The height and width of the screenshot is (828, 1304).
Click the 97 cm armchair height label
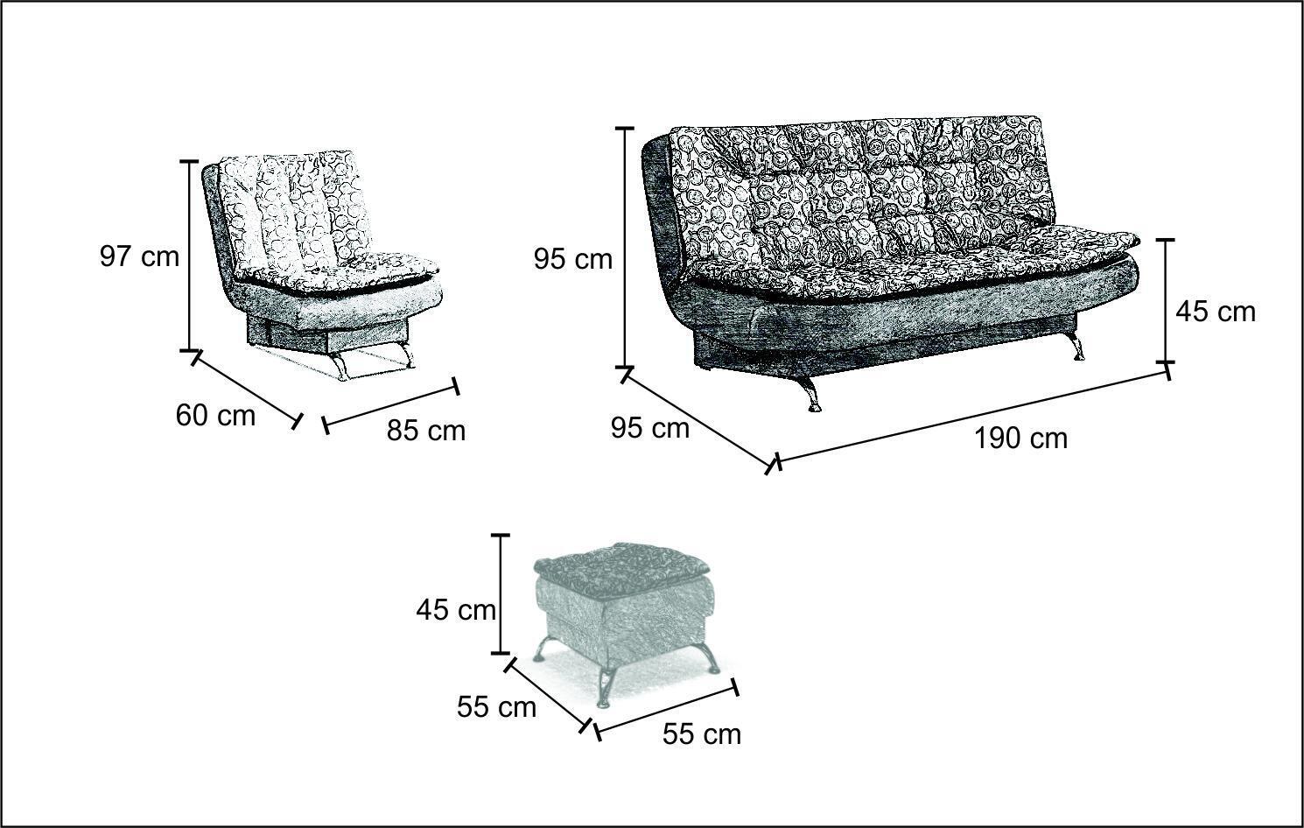[139, 256]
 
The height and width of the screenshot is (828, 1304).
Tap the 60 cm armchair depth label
[215, 416]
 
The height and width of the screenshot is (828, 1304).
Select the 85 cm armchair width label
[426, 431]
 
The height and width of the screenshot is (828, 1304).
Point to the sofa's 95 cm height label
[573, 260]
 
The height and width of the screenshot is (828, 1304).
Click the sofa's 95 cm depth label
[650, 429]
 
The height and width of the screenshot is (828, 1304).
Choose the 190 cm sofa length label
[1021, 439]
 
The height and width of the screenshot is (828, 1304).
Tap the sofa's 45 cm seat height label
[1216, 312]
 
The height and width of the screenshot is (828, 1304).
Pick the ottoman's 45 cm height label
[456, 610]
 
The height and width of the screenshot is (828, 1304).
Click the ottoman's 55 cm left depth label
[496, 707]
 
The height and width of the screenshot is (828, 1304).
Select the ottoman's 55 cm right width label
[702, 734]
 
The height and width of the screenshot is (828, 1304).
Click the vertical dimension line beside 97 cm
[189, 256]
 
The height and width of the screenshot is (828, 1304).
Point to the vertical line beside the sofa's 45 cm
[1165, 300]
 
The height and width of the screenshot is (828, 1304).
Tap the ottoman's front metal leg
[606, 688]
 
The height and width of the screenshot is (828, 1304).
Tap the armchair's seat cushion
[343, 272]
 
